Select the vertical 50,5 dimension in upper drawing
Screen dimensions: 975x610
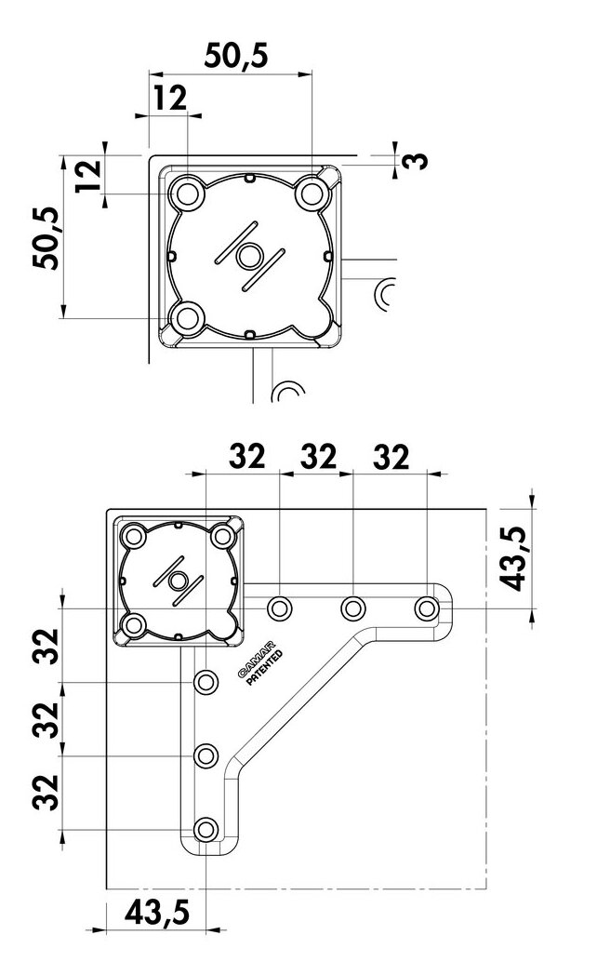click(46, 238)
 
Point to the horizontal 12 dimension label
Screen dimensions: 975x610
click(170, 98)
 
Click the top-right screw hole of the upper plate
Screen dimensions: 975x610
click(311, 194)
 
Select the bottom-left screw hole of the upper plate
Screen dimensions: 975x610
click(189, 318)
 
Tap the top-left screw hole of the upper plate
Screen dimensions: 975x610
click(189, 194)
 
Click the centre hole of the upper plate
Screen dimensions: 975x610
click(249, 256)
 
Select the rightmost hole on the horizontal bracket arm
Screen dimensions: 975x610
click(426, 608)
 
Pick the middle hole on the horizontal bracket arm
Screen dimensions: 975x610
click(351, 608)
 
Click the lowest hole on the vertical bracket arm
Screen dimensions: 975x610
click(205, 829)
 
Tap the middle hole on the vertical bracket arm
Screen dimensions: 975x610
click(205, 755)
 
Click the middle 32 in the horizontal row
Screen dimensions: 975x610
click(317, 457)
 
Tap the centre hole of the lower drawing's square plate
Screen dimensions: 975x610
click(177, 580)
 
